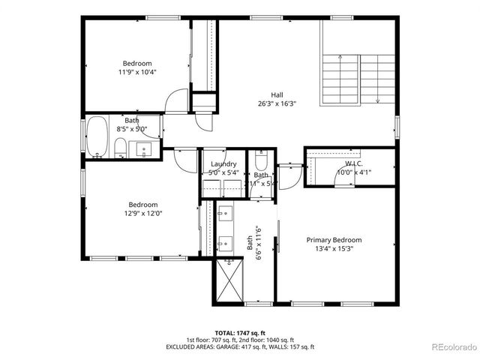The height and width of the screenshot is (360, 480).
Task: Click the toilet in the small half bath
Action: coord(261,160)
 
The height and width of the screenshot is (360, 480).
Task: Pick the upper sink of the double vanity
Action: coord(223,215)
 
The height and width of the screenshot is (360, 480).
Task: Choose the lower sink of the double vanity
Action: coord(223,243)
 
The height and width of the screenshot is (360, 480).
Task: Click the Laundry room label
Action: coord(223,164)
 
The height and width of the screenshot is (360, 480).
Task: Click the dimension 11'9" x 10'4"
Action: coord(137,72)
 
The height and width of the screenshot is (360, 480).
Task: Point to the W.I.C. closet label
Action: coord(354,163)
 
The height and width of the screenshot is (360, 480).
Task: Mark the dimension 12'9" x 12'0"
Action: coord(142,214)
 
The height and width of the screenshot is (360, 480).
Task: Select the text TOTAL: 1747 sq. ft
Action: coord(239,332)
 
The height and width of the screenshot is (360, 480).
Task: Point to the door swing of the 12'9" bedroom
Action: coord(184,157)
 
